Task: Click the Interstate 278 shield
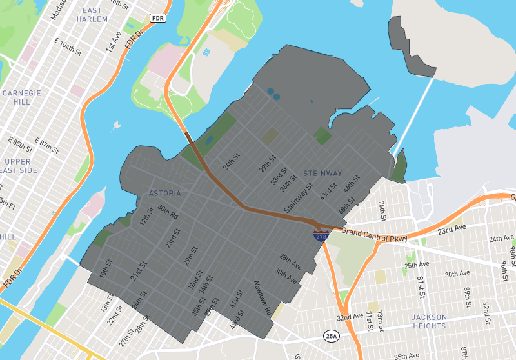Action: click(x=321, y=235)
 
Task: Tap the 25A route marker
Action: click(x=332, y=336)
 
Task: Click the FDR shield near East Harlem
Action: click(x=157, y=18)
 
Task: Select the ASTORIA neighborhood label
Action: click(x=165, y=193)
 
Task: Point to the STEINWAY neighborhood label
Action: click(x=322, y=174)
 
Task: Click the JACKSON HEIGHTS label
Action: click(x=429, y=321)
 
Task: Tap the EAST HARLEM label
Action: click(x=92, y=15)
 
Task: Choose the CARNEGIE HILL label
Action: click(x=21, y=97)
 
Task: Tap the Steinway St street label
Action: click(x=298, y=201)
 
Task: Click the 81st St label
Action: click(x=420, y=283)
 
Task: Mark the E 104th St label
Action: click(x=68, y=46)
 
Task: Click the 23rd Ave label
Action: click(x=451, y=229)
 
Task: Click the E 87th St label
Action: click(x=46, y=145)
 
